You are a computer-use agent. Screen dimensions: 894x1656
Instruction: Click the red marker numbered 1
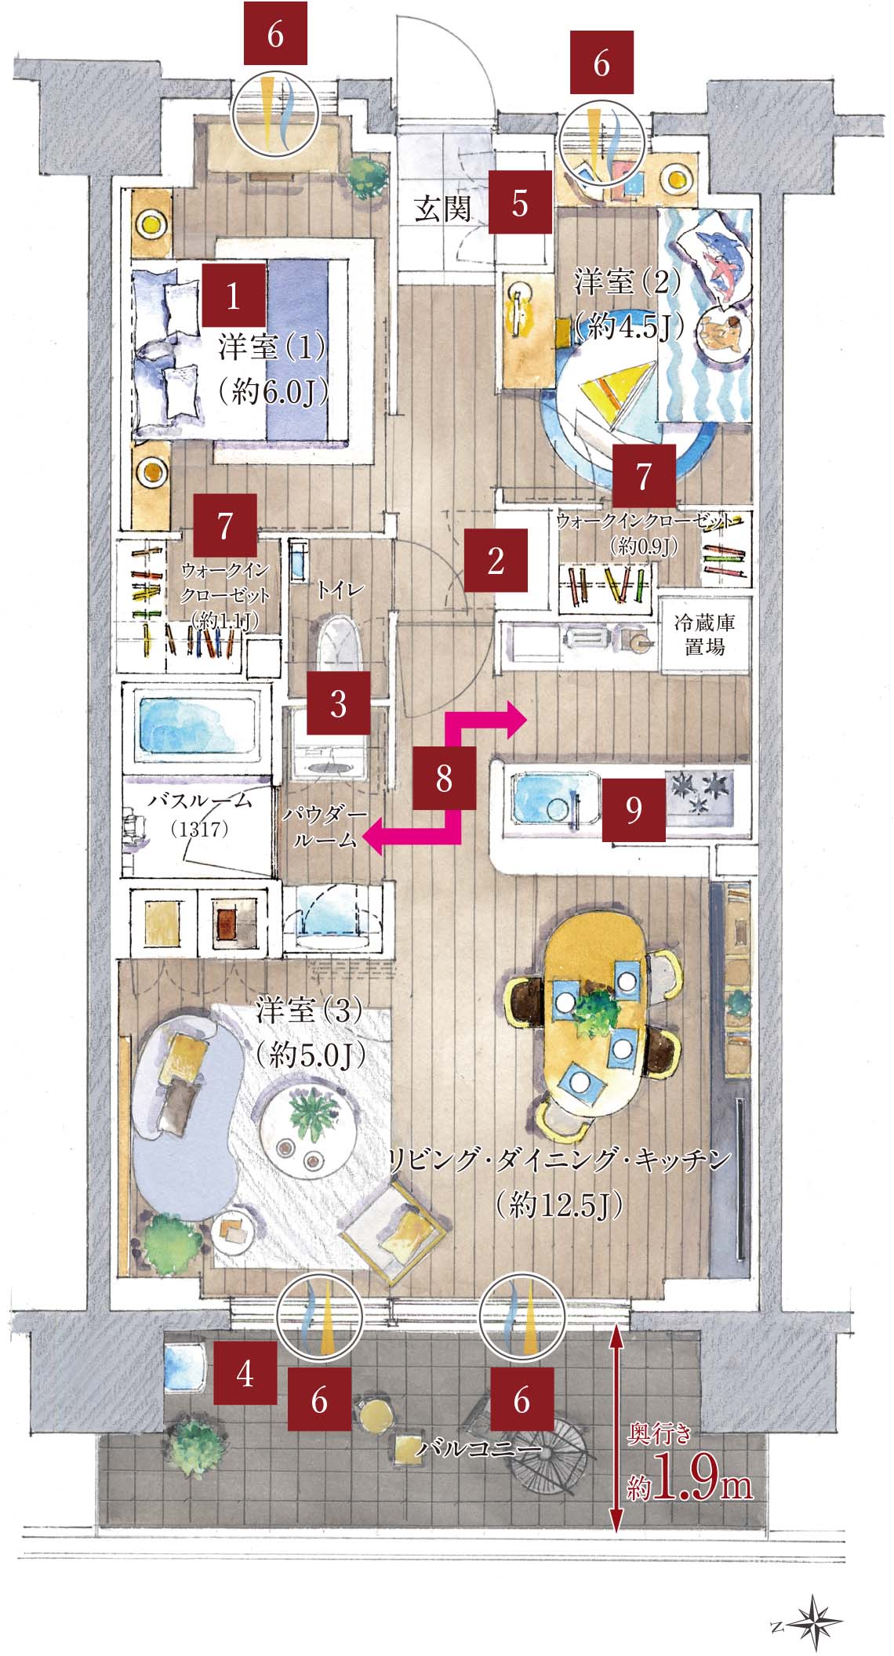click(234, 294)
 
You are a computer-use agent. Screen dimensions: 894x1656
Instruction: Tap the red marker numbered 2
click(495, 560)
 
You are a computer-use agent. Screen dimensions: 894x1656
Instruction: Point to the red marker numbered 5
click(521, 203)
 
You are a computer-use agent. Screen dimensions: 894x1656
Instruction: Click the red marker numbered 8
click(444, 779)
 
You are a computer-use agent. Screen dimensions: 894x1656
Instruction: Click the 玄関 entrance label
click(443, 209)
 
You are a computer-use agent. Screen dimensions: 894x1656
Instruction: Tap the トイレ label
click(340, 590)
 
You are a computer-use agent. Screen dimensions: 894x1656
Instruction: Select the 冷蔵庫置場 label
click(703, 635)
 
